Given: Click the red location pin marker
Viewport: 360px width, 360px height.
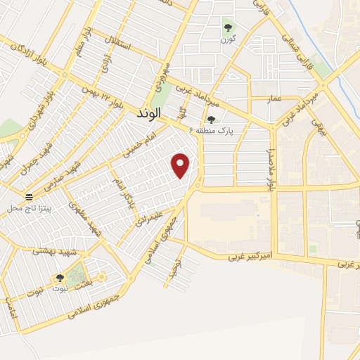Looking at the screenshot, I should coord(181,165).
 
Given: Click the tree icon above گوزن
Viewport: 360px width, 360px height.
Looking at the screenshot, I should coord(227,28).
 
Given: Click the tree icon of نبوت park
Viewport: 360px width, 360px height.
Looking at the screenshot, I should coord(59,278).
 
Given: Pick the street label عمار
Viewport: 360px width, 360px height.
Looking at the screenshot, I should coord(275,99).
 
